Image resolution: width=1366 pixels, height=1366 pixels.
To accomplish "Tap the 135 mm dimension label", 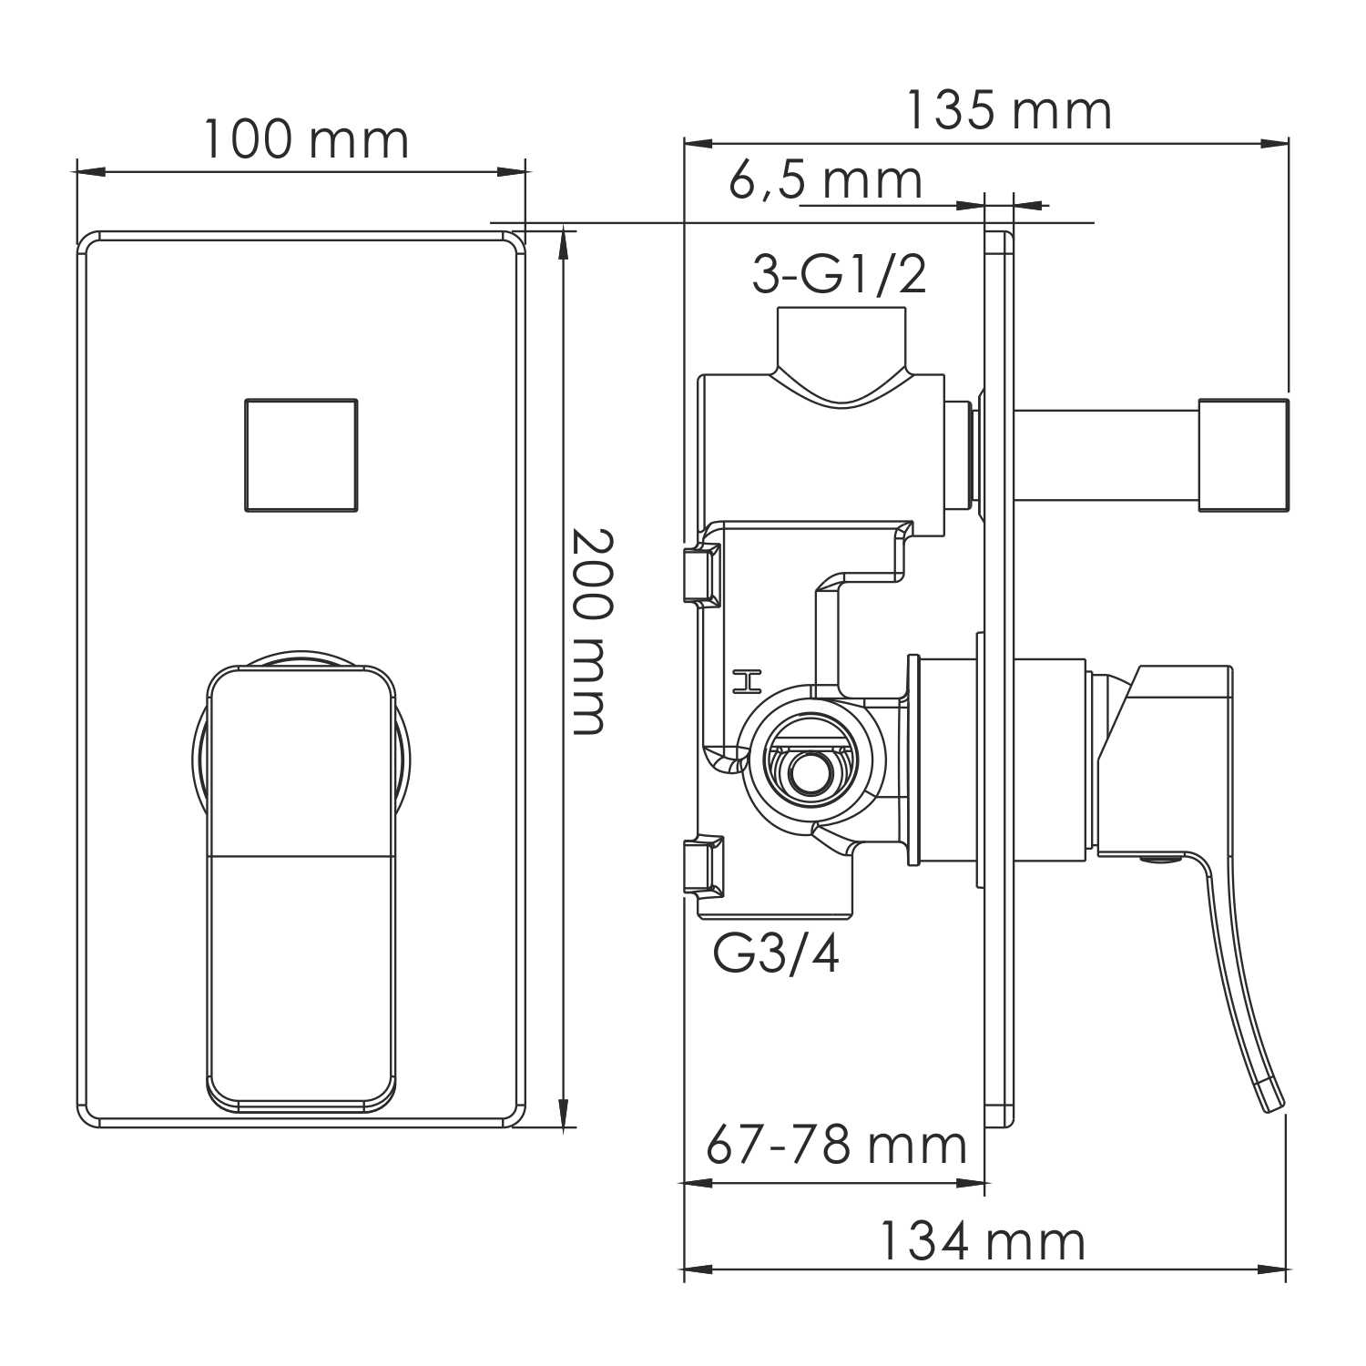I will [x=1008, y=111].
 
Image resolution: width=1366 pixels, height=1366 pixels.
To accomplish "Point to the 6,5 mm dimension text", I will [x=825, y=180].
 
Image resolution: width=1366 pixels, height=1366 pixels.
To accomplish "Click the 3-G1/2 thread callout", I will [x=839, y=274].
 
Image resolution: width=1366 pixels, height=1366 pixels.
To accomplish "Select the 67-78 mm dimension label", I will [x=836, y=1145].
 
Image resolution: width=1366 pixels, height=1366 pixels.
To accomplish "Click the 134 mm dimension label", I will [x=982, y=1241].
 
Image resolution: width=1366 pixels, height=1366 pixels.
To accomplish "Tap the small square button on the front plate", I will [x=301, y=454].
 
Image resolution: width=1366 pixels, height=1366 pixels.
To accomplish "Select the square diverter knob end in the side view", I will [x=1243, y=454].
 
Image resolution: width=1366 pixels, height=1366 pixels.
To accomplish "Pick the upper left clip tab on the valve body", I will [x=701, y=574].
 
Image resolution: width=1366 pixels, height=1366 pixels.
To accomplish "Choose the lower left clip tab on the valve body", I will [x=702, y=866].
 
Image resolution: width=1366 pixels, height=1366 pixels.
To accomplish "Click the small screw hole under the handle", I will [x=1157, y=858].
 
